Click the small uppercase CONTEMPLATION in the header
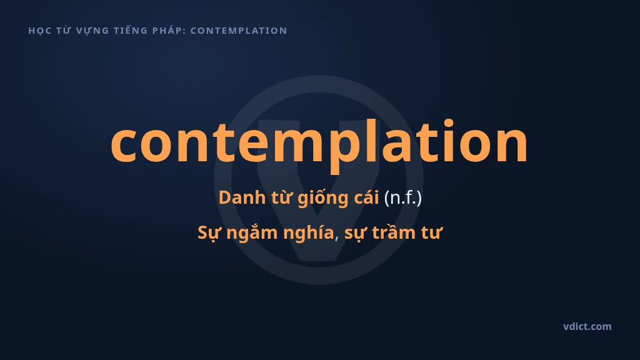pos(239,31)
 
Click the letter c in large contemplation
pos(123,143)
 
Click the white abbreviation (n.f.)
pos(403,198)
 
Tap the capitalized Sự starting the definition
pos(209,233)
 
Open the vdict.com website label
pos(587,326)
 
